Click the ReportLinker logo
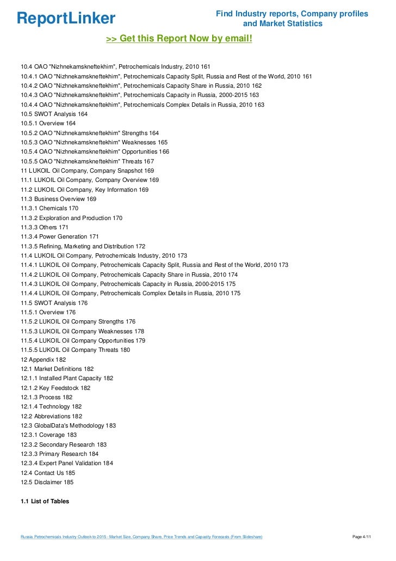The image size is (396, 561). point(66,19)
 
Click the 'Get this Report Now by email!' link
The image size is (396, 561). point(179,39)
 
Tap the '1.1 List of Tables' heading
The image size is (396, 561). point(45,501)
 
